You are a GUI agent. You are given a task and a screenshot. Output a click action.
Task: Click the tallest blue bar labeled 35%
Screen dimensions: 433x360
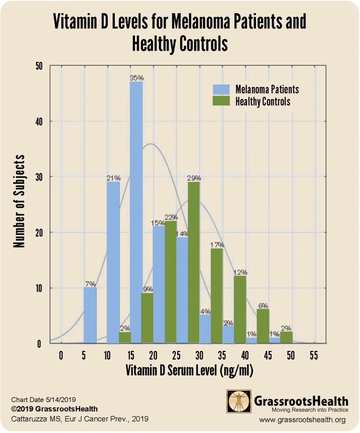tap(136, 211)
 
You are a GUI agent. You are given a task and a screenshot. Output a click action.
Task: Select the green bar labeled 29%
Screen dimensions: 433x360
tap(194, 263)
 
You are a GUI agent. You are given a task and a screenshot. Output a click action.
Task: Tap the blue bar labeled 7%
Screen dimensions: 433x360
tap(90, 315)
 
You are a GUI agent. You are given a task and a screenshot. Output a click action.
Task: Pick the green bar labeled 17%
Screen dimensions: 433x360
tap(217, 296)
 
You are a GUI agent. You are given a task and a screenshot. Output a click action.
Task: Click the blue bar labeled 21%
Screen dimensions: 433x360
tap(113, 263)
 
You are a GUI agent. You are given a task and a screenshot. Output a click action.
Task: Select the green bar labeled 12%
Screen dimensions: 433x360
tap(240, 310)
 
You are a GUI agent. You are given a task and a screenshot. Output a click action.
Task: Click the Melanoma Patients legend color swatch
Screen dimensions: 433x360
tap(221, 89)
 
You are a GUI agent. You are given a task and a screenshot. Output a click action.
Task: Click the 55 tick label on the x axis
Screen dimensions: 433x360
tap(314, 355)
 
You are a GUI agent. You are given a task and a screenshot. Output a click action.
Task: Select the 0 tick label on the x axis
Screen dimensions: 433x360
tap(61, 355)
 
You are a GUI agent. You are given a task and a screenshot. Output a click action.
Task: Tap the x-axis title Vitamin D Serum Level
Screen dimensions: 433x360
tap(189, 371)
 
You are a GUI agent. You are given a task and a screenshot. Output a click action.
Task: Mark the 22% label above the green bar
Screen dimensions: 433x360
tap(171, 217)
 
